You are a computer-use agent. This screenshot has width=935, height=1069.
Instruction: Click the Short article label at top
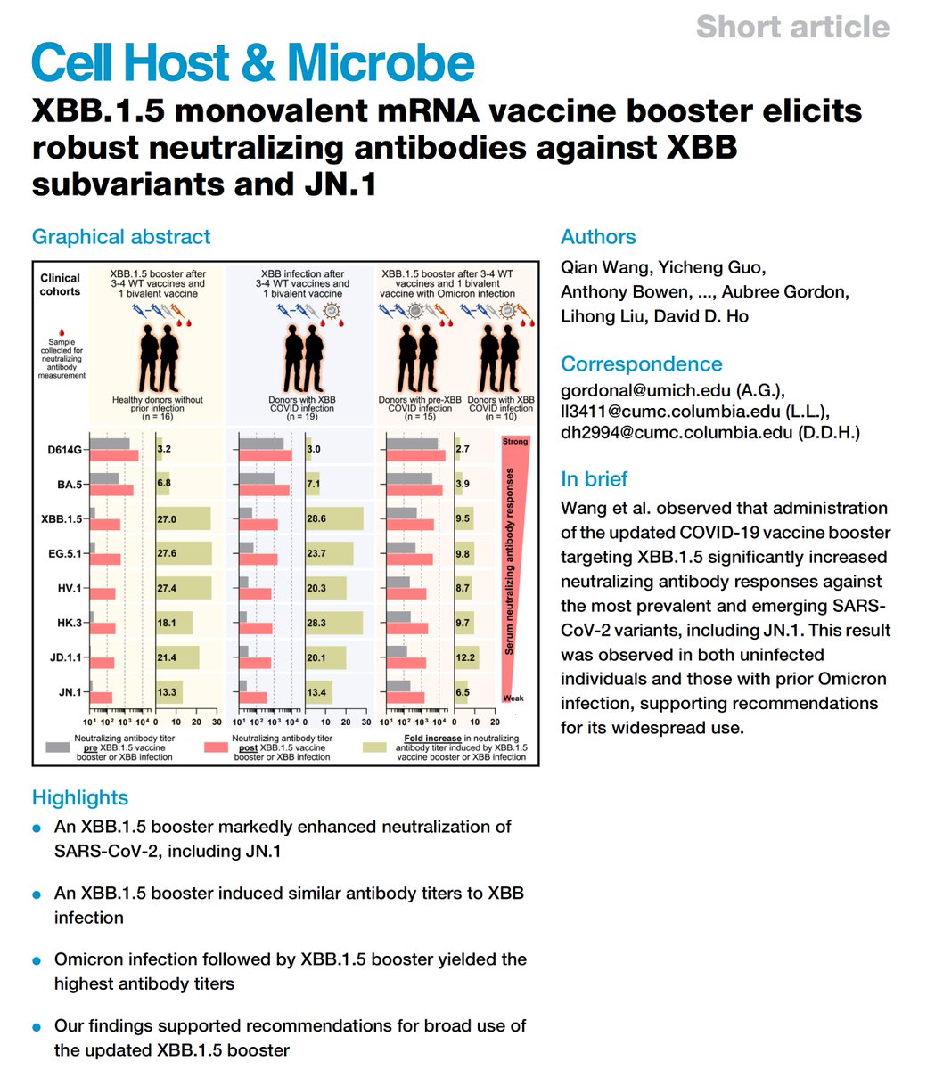coord(792,27)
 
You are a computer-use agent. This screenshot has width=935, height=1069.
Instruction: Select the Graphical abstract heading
coord(121,237)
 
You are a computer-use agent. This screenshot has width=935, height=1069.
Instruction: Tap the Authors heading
coord(598,237)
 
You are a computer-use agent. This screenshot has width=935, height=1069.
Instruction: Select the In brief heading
coord(594,479)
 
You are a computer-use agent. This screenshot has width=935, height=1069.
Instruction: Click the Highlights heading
coord(80,798)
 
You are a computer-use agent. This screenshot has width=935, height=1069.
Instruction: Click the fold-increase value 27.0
coord(167,519)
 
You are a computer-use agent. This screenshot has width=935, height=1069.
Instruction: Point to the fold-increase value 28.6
coord(316,518)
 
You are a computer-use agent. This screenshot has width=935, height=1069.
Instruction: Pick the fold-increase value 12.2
coord(465,657)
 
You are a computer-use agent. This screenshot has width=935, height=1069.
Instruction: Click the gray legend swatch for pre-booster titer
coord(57,747)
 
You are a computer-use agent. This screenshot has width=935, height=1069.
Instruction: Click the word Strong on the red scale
coord(515,442)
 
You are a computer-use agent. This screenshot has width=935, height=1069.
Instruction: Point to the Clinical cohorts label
coord(60,285)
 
